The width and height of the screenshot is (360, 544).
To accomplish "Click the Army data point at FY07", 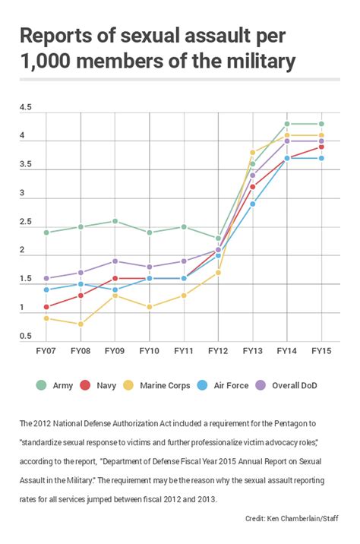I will click(46, 232).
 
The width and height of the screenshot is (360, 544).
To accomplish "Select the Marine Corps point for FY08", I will click(81, 324).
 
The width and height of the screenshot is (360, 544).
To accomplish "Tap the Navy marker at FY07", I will click(46, 307).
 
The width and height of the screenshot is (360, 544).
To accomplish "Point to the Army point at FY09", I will click(115, 221).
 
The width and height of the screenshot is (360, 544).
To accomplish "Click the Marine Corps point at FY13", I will click(253, 152).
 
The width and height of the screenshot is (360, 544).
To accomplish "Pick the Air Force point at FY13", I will click(253, 204).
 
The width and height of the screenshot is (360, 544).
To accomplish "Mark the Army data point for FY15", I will click(321, 124).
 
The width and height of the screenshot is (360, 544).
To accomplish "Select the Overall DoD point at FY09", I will click(115, 261).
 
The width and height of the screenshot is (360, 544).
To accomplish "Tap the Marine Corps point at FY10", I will click(149, 307).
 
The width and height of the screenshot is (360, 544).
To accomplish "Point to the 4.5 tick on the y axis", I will click(26, 108).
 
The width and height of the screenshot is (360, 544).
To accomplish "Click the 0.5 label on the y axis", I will click(26, 337).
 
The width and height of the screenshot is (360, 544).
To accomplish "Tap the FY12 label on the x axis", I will click(219, 352).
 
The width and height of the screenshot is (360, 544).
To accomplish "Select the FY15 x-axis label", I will click(321, 352).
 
